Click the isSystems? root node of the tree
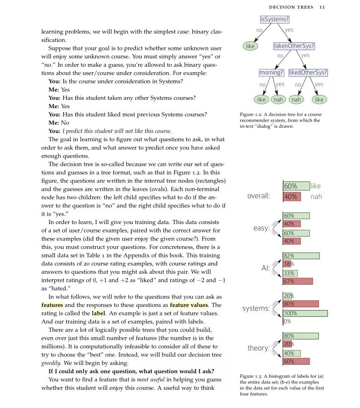click(275, 20)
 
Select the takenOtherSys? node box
click(294, 46)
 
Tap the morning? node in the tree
click(271, 72)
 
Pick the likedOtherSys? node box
click(308, 72)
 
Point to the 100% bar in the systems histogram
click(305, 313)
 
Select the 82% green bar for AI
click(301, 256)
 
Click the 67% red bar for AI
click(298, 281)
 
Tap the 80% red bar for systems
click(301, 304)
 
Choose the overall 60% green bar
click(296, 186)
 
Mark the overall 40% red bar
click(292, 196)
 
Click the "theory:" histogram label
click(259, 348)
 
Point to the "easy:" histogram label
click(262, 228)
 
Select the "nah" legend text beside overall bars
click(316, 196)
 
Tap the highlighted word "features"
click(52, 305)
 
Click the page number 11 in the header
click(322, 7)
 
